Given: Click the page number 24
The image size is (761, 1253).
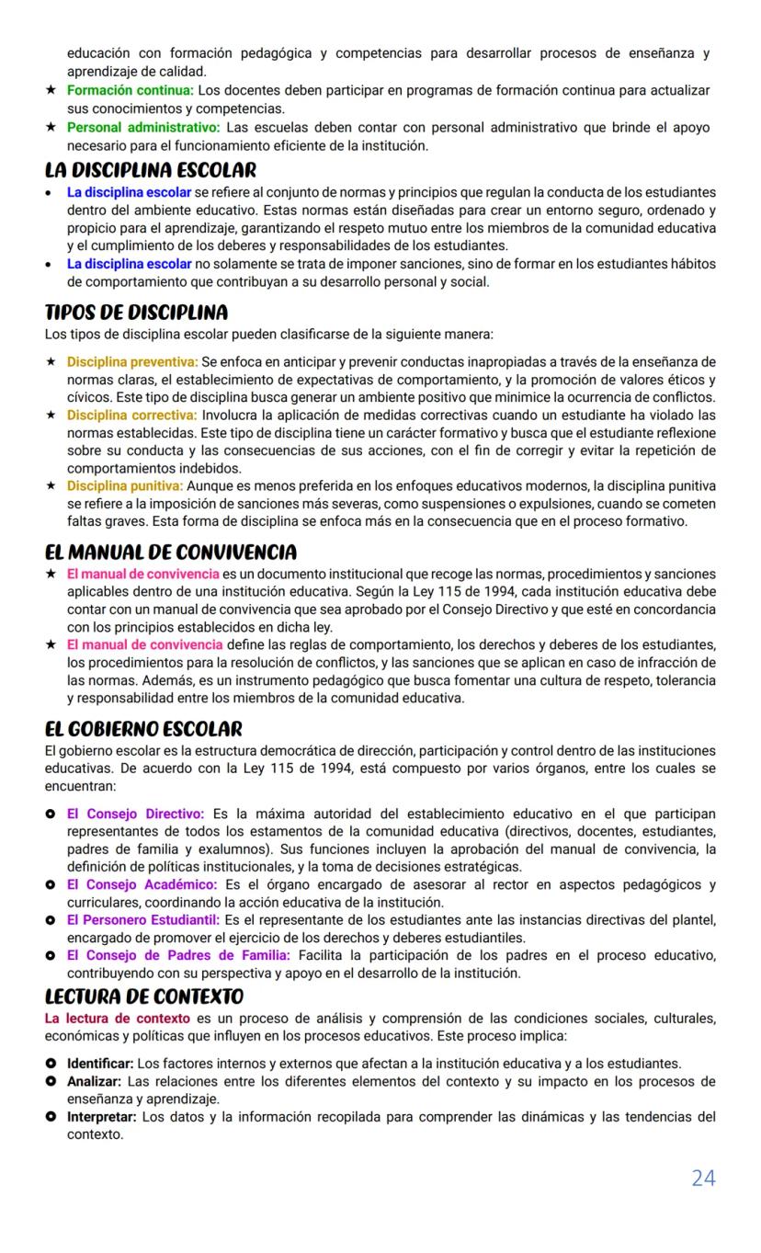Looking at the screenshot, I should [x=702, y=1178].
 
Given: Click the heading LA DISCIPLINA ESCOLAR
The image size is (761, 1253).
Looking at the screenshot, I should [x=151, y=170].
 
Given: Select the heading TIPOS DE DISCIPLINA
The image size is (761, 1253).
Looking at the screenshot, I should [x=136, y=313].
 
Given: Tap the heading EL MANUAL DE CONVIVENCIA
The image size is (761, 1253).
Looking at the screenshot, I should [x=170, y=552].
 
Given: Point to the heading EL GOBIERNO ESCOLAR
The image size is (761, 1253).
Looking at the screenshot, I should [x=143, y=729].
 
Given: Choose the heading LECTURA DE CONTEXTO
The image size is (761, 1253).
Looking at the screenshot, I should [x=144, y=997].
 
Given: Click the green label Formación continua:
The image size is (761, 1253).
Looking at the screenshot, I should [x=130, y=90].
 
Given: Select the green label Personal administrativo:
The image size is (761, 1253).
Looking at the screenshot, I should [x=142, y=127].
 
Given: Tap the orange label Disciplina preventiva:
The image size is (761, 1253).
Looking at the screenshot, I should [x=131, y=361].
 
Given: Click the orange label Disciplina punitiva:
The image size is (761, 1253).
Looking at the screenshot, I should [x=125, y=485].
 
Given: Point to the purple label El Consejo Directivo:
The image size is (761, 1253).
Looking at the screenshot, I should [x=135, y=814].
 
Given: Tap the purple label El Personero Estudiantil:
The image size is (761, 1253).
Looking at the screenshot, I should [x=142, y=919].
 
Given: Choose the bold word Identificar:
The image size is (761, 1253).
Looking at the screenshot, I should [x=100, y=1064].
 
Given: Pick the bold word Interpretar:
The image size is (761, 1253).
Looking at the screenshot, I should [x=101, y=1117].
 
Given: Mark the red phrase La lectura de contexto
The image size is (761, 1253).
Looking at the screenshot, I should [x=118, y=1018].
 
